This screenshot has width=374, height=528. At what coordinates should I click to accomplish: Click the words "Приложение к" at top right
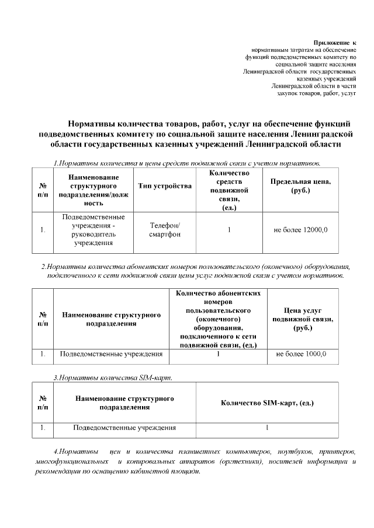(x=335, y=43)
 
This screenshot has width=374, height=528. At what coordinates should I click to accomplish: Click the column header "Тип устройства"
(x=164, y=186)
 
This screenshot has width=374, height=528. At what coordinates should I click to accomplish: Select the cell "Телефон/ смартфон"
(x=165, y=230)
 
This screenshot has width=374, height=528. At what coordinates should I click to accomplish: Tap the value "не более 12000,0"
(x=300, y=230)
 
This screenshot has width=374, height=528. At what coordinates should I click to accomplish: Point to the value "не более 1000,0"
(x=301, y=354)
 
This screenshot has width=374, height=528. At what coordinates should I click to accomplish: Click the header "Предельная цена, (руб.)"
(x=300, y=186)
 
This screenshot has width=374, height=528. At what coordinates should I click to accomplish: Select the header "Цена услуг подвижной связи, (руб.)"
(x=301, y=319)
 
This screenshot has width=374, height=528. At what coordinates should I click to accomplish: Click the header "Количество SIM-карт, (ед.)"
(x=267, y=403)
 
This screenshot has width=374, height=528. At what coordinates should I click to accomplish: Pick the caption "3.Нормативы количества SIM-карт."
(x=112, y=378)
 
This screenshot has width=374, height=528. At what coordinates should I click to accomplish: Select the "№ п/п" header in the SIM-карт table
(x=43, y=403)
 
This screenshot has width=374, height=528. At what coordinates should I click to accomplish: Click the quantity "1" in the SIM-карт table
(x=267, y=428)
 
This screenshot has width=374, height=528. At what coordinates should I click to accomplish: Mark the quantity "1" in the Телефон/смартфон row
(x=229, y=230)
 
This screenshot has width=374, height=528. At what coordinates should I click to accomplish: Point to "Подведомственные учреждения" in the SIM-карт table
(x=124, y=428)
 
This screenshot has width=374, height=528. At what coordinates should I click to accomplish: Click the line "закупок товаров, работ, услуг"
(x=316, y=93)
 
